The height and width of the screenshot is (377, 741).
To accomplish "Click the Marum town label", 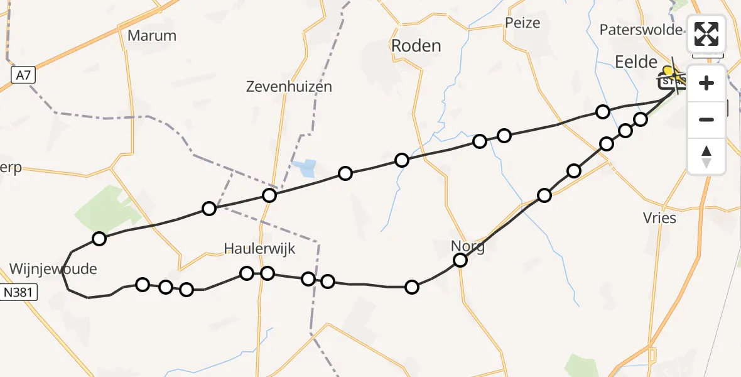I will coord(151,35).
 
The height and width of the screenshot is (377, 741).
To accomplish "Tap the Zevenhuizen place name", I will coord(289,87).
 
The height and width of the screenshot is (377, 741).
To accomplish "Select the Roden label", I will coord(416,45).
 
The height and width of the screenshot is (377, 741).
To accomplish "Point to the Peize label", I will coord(522,23).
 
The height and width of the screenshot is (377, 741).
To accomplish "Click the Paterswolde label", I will coord(641,30).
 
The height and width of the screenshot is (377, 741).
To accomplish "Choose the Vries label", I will coord(659,218).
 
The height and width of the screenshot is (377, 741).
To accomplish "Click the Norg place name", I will coord(468,246).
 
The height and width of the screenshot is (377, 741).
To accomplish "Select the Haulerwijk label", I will coord(259,249).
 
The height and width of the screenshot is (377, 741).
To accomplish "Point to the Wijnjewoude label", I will coord(53,269).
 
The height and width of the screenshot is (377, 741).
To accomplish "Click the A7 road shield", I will coord(23,76).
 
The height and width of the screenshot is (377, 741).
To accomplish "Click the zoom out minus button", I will coord(706,119).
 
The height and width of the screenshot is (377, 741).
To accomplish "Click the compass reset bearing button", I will coord(706,156).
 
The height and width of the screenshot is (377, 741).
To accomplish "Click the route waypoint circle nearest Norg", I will coord(460,260).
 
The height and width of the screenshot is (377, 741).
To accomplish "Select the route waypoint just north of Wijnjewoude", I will coord(99,238).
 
